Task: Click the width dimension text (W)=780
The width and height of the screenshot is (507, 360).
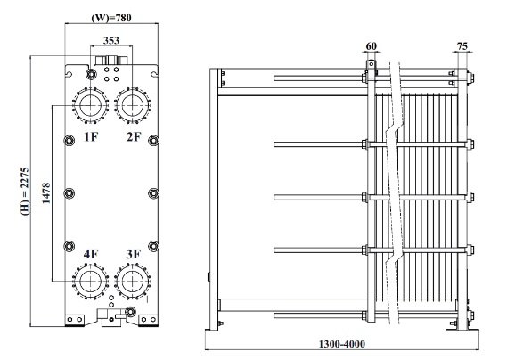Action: click(113, 16)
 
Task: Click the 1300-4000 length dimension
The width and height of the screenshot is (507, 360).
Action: click(343, 344)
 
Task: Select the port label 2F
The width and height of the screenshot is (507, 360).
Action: click(134, 136)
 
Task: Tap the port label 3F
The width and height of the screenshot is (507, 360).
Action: click(134, 255)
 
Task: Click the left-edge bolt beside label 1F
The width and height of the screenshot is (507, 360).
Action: click(69, 138)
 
